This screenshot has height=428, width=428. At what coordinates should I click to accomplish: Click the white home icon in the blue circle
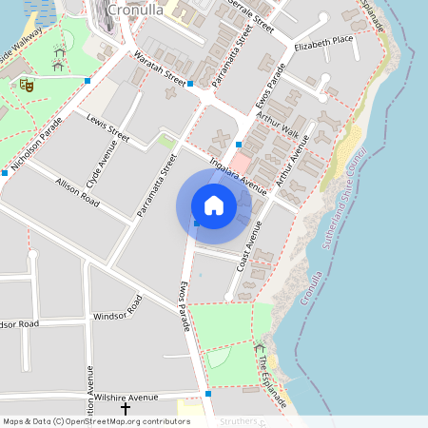(x=214, y=205)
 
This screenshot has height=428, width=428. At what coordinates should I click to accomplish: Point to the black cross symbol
(x=125, y=409)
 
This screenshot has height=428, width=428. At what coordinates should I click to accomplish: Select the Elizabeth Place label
(x=323, y=45)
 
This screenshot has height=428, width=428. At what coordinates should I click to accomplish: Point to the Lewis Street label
(x=107, y=128)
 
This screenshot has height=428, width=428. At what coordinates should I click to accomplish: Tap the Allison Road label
(x=77, y=192)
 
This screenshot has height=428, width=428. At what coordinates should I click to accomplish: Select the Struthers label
(x=233, y=420)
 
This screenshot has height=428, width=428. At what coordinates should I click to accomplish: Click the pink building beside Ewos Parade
(x=243, y=163)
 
